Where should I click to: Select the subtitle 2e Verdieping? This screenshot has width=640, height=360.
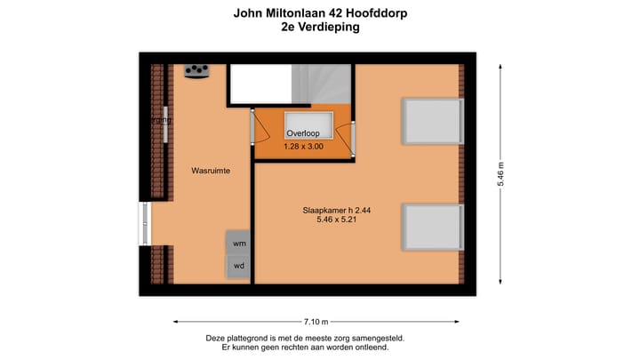(x=320, y=28)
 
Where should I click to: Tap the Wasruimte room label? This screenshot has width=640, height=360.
(x=211, y=170)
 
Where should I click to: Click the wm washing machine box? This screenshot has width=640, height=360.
(x=239, y=243)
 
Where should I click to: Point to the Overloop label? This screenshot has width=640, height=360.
(x=303, y=133)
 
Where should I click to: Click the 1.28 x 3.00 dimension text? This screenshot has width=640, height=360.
(x=304, y=147)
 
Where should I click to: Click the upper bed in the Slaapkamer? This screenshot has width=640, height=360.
(x=433, y=121)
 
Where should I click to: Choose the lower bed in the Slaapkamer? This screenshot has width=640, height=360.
(x=433, y=227)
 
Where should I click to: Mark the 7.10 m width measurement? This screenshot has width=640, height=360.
(x=316, y=321)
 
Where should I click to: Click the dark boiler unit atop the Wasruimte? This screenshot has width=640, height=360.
(x=196, y=71)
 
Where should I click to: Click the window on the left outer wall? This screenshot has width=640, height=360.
(x=145, y=222)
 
